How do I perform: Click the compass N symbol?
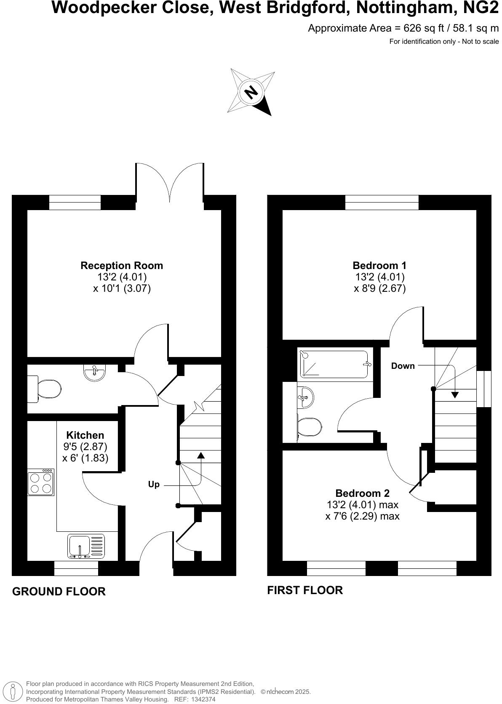point(251,91)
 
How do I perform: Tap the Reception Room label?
point(122,266)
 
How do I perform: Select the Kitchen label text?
point(85,435)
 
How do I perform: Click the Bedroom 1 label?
point(379,266)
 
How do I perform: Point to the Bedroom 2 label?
point(362,493)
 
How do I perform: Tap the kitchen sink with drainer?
point(85,546)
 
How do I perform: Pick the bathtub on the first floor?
point(334,364)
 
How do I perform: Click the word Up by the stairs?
point(154,484)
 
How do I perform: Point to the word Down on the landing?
point(403,366)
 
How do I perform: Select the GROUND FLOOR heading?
point(59,591)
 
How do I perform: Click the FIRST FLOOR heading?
point(305,590)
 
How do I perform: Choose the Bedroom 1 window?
point(382,202)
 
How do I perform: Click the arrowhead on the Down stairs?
point(455,395)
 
